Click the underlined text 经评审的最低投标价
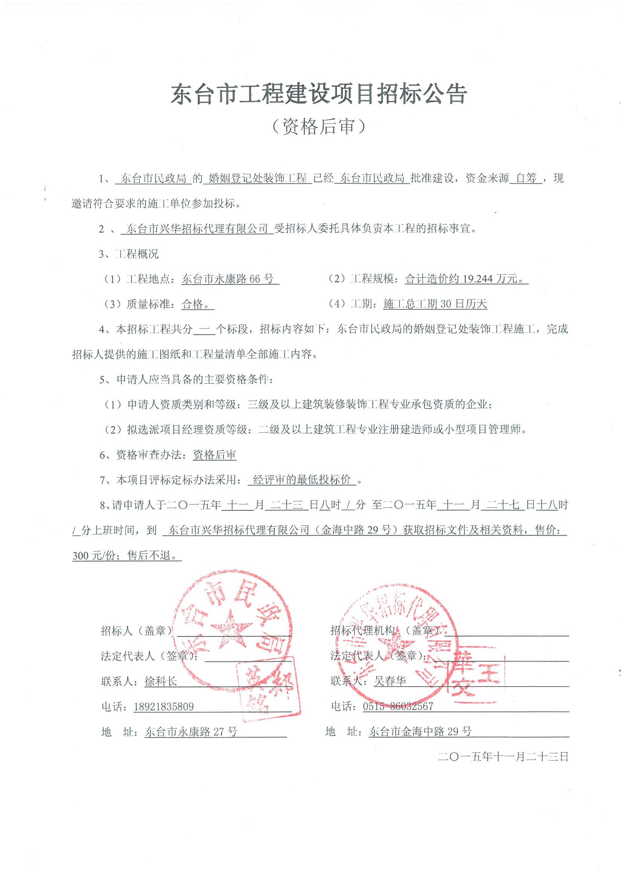click(302, 480)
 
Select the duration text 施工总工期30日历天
click(435, 304)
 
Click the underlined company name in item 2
click(197, 229)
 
